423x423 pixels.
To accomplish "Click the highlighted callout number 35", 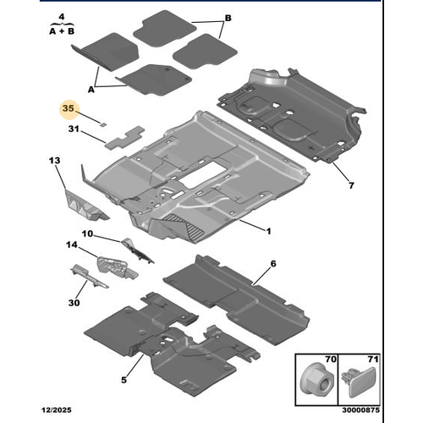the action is pos(69,108).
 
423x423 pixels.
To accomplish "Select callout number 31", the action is pos(74,129).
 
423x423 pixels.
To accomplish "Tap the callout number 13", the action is pos(54,161).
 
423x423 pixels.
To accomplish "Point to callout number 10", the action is pos(87,233).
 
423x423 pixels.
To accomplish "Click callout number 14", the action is pos(72,244).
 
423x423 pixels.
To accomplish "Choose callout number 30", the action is pos(74,303).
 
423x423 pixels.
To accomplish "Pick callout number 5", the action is pos(124,380).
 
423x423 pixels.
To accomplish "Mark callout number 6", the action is pos(273,264).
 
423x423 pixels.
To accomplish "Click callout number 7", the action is pos(351,185).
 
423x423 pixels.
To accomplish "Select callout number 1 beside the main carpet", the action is pos(268,231).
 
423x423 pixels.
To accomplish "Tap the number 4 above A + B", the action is pos(62,17).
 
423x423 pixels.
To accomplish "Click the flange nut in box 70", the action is pos(316,379).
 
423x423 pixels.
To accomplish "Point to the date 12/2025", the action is pos(57,409).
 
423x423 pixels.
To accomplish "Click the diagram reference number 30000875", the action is pos(361,409).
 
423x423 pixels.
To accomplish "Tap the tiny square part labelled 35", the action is pos(103,124).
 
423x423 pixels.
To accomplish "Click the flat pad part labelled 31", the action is pos(124,137).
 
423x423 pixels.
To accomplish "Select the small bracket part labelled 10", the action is pos(137,250).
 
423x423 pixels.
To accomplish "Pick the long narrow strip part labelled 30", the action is pos(89,277).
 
